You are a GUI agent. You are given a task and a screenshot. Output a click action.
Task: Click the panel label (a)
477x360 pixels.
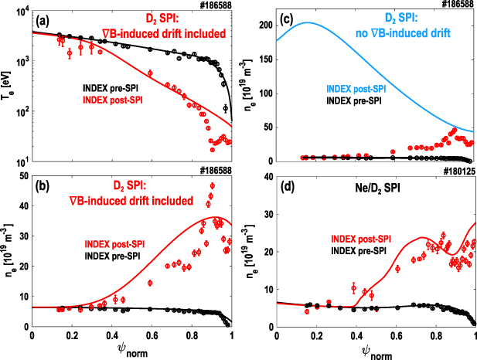click(41, 19)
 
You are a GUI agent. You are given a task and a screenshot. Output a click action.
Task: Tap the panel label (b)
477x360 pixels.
click(41, 186)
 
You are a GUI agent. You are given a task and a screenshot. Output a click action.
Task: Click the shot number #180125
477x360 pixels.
click(457, 172)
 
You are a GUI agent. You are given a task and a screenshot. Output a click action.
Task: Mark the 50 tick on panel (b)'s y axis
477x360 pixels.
click(22, 176)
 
